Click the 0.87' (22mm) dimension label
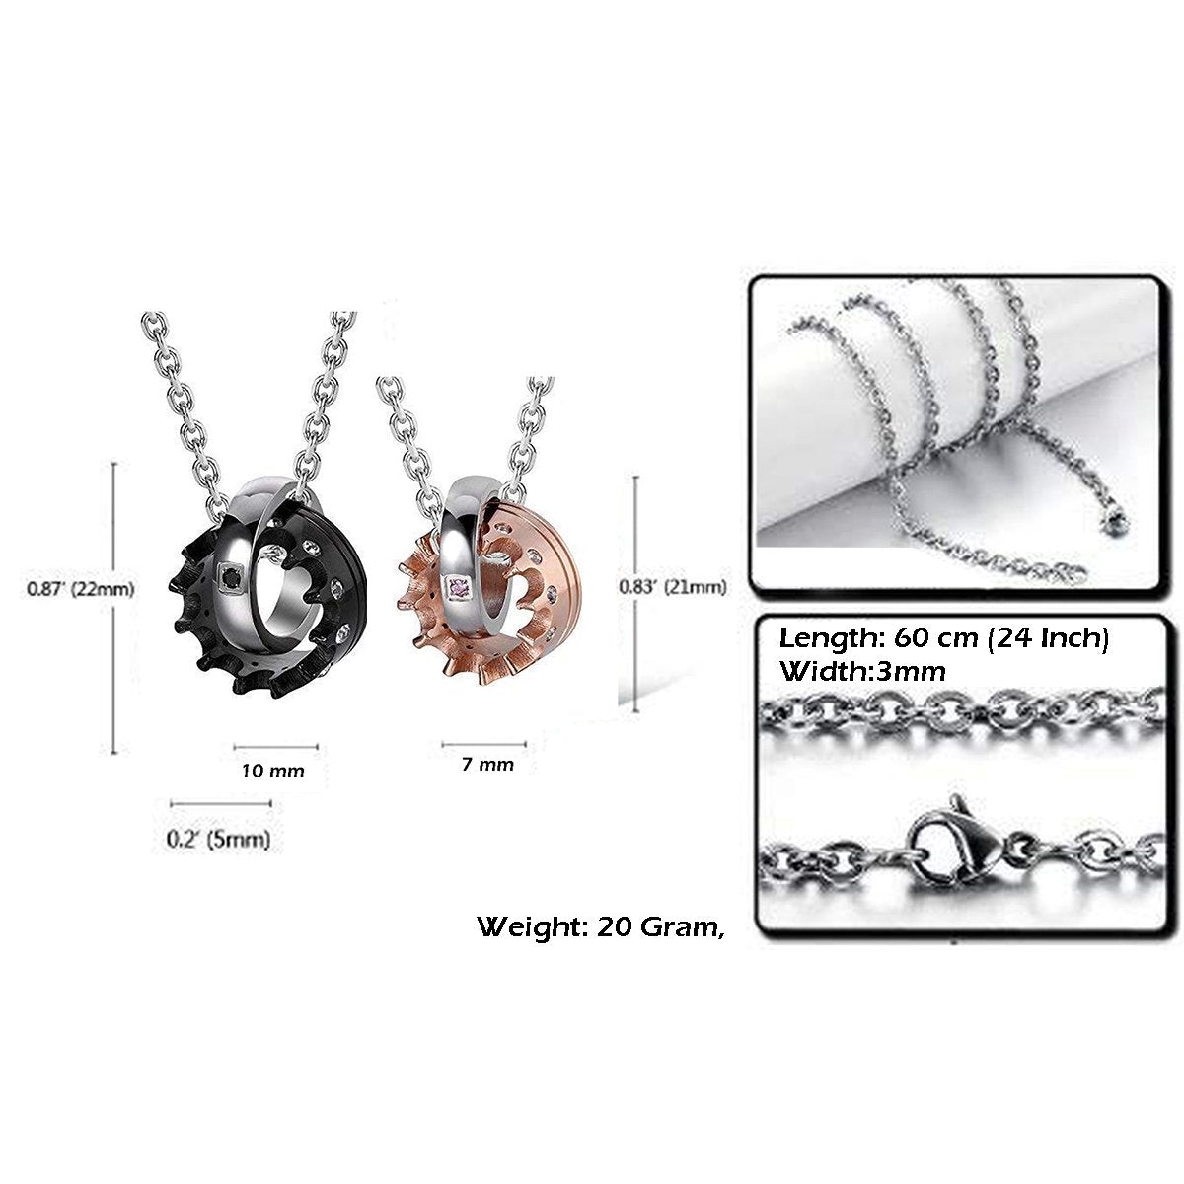[x=81, y=589]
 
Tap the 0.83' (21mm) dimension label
[x=673, y=587]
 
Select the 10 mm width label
[x=272, y=771]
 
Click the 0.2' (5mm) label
[x=218, y=838]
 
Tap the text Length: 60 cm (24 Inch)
[x=944, y=638]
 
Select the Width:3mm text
[x=861, y=671]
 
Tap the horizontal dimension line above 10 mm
[x=276, y=747]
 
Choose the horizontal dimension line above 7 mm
[x=484, y=745]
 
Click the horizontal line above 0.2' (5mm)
[x=221, y=803]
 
